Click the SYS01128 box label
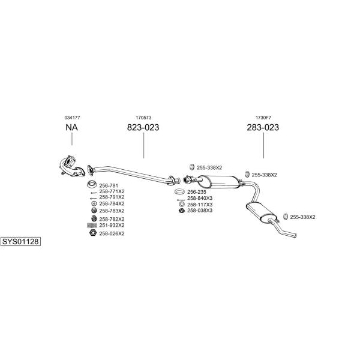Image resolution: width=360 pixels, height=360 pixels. point(20,242)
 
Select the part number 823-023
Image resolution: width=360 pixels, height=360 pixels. point(143,127)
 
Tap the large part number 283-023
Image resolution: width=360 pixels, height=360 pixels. point(263,127)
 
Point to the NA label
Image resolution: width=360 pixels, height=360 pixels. point(71,127)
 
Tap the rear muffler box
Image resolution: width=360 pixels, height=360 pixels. point(259,211)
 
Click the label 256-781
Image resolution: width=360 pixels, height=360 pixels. point(108,185)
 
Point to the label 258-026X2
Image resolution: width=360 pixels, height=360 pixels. point(112,233)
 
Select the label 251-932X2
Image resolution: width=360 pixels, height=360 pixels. point(112,225)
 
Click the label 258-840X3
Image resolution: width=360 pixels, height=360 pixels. point(200,199)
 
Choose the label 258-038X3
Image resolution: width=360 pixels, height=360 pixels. point(200,211)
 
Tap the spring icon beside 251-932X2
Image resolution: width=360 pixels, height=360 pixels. point(92,225)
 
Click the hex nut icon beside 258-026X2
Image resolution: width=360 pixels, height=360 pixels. point(92,233)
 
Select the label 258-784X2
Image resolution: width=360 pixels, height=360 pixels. point(112,203)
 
